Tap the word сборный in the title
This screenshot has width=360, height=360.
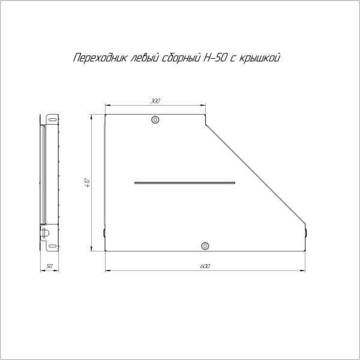(x=178, y=58)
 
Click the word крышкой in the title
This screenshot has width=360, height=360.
(x=261, y=58)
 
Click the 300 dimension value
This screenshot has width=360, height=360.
(x=155, y=102)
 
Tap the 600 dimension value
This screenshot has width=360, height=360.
(x=205, y=265)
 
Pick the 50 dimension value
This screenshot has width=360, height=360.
(x=50, y=265)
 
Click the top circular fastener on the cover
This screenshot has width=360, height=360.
(x=155, y=120)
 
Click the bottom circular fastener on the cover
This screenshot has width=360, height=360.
(x=205, y=245)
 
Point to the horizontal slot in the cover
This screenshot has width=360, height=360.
(x=185, y=182)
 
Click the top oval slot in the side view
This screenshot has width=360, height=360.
(x=53, y=119)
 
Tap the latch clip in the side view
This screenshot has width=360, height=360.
(x=46, y=230)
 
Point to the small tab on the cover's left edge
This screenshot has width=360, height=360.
(x=104, y=233)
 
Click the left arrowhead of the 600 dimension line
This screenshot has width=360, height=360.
(x=107, y=271)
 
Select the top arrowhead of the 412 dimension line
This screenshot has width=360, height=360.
(x=91, y=117)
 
